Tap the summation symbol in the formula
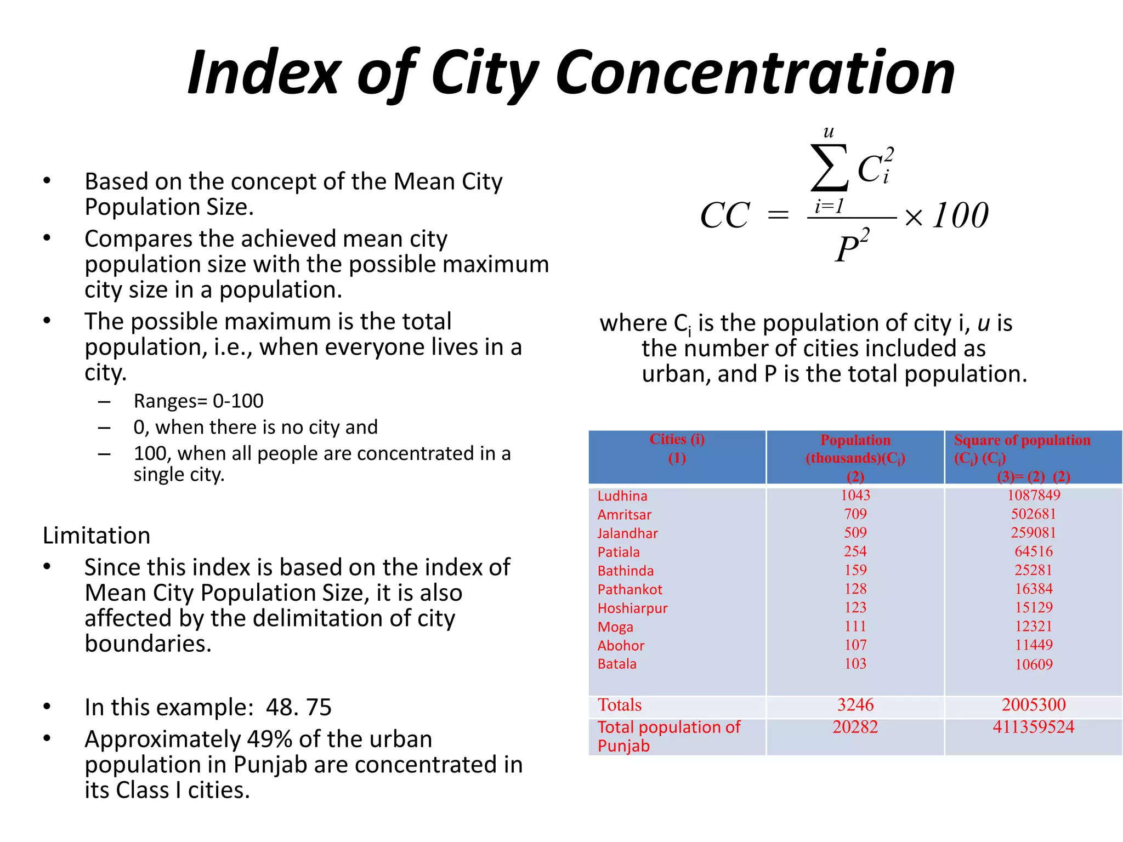coord(829,167)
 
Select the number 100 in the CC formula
coord(961,215)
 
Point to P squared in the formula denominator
coord(852,247)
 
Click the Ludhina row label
coord(622,496)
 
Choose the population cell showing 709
coord(855,514)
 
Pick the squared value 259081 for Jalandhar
coord(1033,533)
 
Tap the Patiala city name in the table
coord(619,552)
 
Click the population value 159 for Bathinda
coord(855,570)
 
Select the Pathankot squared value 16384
coord(1033,589)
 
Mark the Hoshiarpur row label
coord(632,608)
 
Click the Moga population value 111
coord(855,626)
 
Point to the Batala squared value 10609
coord(1033,664)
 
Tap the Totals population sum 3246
coord(855,705)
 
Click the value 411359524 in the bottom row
coord(1033,727)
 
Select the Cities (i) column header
coord(677,440)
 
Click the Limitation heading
coord(97,536)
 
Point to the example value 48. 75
coord(298,707)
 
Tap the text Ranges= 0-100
coord(198,401)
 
